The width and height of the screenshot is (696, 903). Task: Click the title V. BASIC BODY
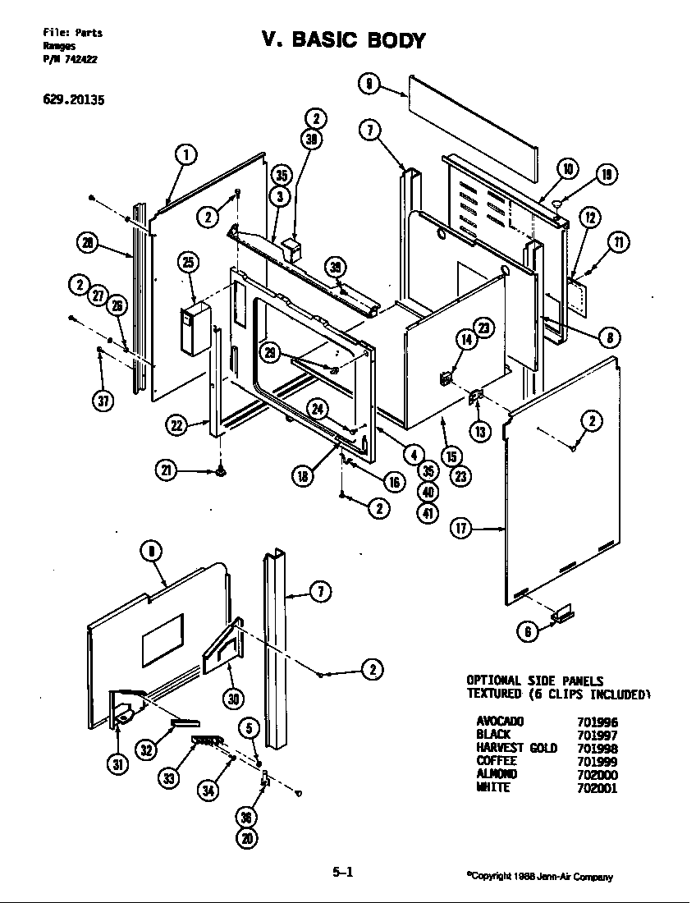(x=343, y=40)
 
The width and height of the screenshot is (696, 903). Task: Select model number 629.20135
(x=73, y=102)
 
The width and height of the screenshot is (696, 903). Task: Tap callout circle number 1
(x=186, y=154)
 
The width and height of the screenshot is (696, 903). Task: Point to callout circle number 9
(x=370, y=82)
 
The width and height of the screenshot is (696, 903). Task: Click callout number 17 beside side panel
(x=460, y=529)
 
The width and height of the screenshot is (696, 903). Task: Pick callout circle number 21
(x=167, y=470)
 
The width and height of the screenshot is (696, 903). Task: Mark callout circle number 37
(x=103, y=400)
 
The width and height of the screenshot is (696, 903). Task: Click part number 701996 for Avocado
(x=597, y=722)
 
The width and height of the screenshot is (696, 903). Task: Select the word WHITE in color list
(x=493, y=787)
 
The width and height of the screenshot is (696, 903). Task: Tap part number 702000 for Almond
(x=597, y=774)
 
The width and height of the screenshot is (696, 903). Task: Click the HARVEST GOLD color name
(x=516, y=748)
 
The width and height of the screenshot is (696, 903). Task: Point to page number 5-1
(x=342, y=873)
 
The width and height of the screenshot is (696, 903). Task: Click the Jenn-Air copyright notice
(x=539, y=877)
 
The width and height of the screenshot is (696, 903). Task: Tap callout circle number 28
(x=87, y=241)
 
